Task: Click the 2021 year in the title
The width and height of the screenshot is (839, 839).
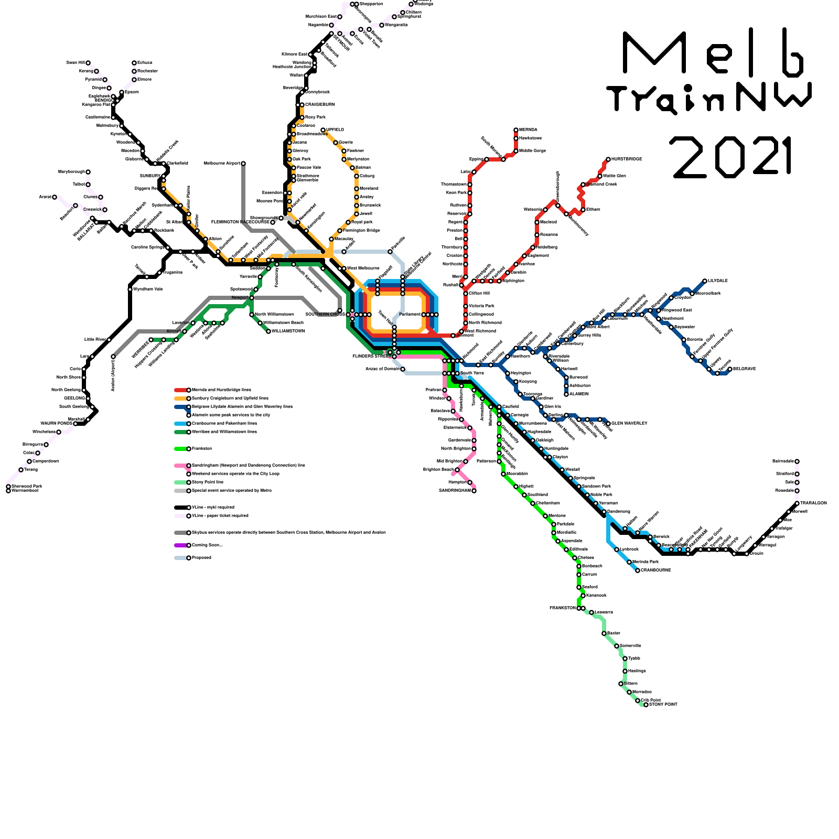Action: pos(732,156)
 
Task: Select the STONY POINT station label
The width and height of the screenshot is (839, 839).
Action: pos(663,704)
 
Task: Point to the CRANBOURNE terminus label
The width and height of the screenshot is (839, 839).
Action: pos(655,570)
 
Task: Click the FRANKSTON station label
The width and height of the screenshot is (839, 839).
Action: pos(563,608)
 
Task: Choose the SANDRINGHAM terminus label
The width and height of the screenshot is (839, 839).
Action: pos(455,490)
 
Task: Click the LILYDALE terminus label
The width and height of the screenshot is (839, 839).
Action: pos(717,281)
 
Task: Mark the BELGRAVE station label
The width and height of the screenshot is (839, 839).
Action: pos(745,369)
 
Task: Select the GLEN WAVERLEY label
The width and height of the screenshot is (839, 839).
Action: pos(629,423)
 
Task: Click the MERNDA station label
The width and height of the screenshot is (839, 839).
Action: pos(528,130)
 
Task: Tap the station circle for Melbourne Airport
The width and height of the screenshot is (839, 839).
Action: pos(243,164)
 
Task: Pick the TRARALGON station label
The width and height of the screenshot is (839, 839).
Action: pos(813,503)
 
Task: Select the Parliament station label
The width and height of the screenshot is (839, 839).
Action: pos(410,314)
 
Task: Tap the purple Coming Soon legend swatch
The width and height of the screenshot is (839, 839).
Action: pos(180,545)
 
